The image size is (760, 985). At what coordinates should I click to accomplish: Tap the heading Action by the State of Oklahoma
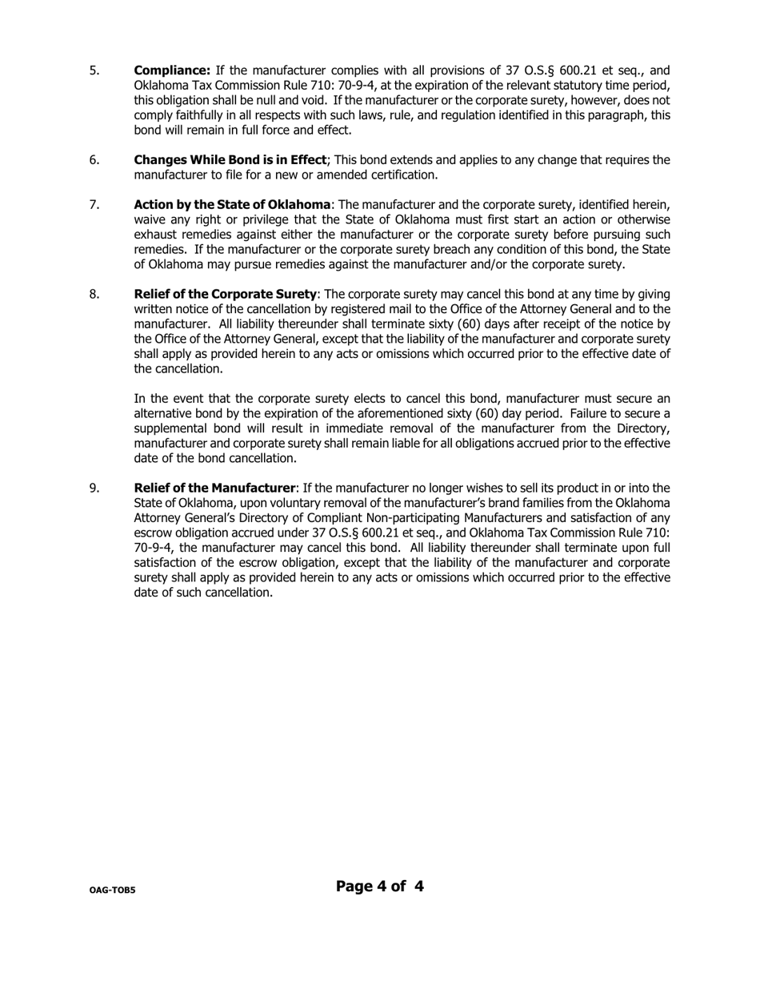pos(232,205)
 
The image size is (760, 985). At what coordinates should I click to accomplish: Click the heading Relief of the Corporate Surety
pos(226,295)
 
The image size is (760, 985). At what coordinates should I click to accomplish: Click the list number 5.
pos(94,70)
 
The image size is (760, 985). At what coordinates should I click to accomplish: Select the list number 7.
pos(94,205)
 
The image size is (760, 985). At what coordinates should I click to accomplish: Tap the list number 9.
pos(94,488)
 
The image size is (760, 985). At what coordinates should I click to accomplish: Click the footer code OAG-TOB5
pos(112,890)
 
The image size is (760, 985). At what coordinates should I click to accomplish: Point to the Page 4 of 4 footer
pos(380,886)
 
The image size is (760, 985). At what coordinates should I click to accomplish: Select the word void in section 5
pos(319,101)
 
